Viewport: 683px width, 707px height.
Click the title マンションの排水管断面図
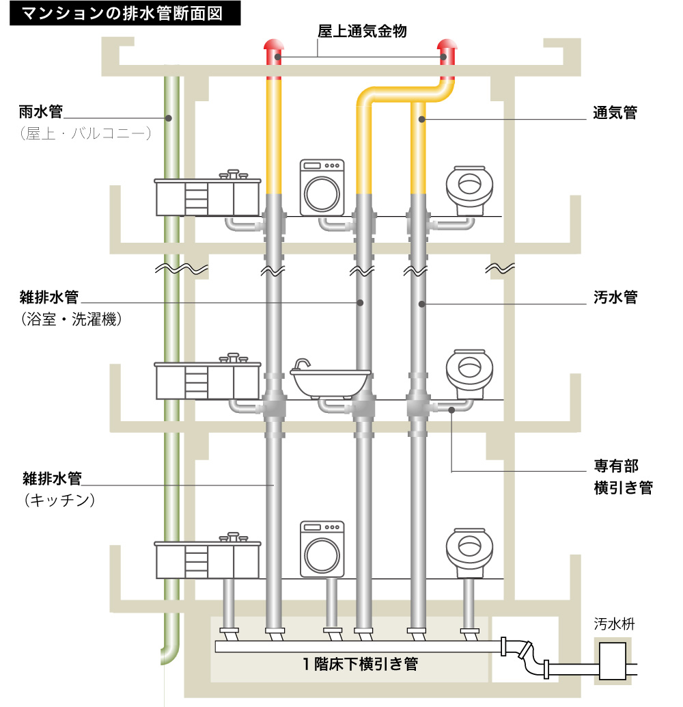click(122, 14)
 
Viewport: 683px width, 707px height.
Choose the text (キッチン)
click(57, 500)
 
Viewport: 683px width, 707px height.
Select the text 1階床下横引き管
click(360, 663)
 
